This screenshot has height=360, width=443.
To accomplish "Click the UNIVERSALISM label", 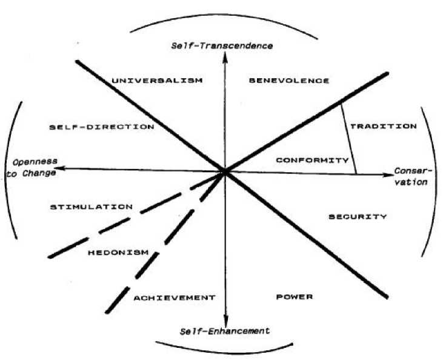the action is [157, 80].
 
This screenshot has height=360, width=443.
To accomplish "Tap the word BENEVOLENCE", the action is [290, 80].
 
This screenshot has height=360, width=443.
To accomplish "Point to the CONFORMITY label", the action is [312, 161].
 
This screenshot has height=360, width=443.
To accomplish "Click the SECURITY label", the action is [358, 217].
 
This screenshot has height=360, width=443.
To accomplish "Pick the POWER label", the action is [294, 297].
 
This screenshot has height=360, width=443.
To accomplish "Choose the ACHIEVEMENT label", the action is [175, 298].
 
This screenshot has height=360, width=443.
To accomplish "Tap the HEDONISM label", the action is [118, 252].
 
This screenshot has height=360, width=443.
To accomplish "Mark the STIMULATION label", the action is [92, 207].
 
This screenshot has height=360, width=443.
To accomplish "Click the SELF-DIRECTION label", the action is [102, 127].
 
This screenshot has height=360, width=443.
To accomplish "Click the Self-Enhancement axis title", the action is [225, 331].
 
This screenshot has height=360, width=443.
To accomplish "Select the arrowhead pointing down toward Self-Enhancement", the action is [226, 321].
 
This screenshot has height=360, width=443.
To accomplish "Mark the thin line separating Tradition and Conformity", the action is [348, 139].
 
